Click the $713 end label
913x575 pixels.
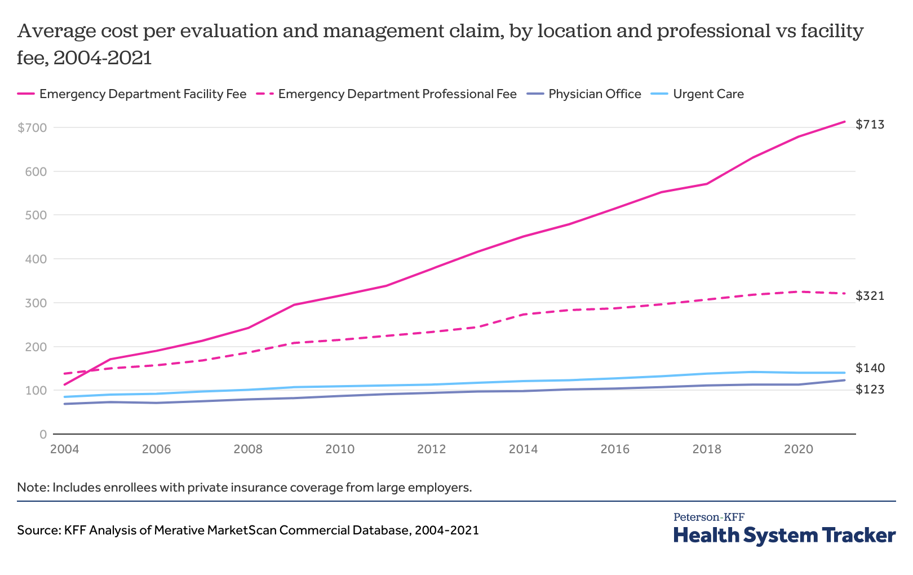click(x=870, y=125)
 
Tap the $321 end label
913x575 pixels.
click(x=870, y=296)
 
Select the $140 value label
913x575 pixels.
click(x=870, y=368)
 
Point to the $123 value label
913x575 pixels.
click(x=870, y=390)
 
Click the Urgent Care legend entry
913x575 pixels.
click(x=708, y=94)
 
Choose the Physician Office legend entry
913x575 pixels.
click(x=594, y=94)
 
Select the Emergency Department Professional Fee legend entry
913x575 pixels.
click(x=397, y=94)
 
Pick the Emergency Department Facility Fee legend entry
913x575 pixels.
click(x=143, y=94)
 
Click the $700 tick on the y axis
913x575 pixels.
click(x=32, y=128)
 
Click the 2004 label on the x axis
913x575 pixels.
click(x=64, y=449)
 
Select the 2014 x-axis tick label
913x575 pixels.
click(x=523, y=449)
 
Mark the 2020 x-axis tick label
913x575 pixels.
click(x=798, y=449)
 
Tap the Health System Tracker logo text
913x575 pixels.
click(x=784, y=535)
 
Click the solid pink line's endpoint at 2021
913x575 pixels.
click(x=844, y=121)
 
